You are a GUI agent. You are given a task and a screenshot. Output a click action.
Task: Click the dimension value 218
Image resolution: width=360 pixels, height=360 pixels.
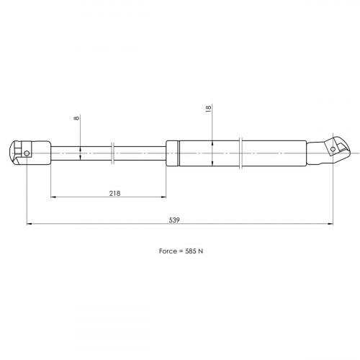(x=114, y=193)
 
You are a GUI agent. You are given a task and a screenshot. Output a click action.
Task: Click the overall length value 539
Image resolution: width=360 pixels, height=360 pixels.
(x=174, y=220)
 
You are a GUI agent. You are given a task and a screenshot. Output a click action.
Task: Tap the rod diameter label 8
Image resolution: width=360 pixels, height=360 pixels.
(x=76, y=118)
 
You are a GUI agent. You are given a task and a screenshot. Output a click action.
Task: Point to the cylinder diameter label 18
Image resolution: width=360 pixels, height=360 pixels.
(x=208, y=108)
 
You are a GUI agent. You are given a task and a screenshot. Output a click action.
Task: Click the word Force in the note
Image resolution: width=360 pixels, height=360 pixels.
(x=168, y=251)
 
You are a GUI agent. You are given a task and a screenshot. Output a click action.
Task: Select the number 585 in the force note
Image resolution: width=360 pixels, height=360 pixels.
(x=191, y=251)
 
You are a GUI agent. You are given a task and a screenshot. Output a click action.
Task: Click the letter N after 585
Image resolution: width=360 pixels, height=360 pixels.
(x=200, y=251)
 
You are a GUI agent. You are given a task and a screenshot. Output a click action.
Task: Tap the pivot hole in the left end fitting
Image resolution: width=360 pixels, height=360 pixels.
(x=27, y=153)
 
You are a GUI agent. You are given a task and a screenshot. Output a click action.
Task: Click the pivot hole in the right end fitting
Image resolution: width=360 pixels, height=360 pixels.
(x=333, y=149)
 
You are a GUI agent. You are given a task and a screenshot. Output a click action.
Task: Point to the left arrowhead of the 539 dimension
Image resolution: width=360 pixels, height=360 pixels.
(x=30, y=224)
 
